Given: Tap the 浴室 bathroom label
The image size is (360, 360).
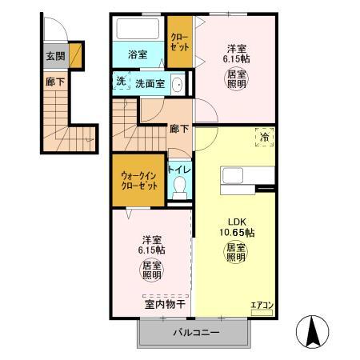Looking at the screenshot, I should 138,54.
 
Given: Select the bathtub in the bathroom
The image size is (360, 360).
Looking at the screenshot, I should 138,31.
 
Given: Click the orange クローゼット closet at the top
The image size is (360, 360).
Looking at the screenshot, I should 178,44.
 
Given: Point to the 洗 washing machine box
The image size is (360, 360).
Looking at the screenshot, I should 120,82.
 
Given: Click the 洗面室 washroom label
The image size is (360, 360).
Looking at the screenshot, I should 150,82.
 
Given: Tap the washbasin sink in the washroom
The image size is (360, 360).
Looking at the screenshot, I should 178,83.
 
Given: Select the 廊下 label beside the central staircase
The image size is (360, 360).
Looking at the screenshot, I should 178,128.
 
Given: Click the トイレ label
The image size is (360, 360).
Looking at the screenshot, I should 180,170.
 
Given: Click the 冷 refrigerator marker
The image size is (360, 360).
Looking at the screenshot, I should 263,138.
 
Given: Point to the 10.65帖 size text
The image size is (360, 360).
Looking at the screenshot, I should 238,233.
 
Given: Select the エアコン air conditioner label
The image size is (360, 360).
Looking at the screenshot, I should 262,305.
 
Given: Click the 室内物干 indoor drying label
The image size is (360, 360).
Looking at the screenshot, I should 165,304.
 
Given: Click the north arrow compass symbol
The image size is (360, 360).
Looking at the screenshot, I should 314,331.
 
